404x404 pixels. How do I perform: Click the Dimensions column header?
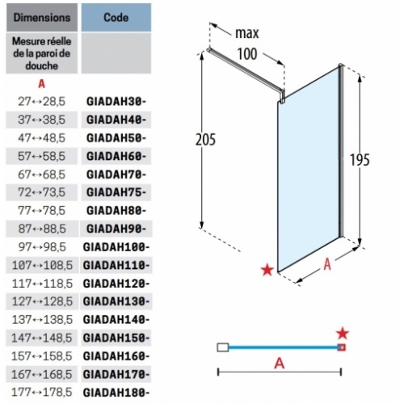(42, 18)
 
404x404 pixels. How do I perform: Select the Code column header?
(116, 18)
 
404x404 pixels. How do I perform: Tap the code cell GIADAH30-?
(116, 102)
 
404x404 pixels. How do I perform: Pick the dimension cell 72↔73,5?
(42, 192)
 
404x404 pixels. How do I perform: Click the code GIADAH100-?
(116, 247)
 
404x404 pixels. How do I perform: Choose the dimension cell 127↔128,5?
(42, 301)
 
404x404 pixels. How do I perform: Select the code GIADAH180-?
(116, 393)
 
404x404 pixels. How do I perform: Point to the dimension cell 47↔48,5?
(42, 138)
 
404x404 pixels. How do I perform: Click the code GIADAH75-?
(116, 192)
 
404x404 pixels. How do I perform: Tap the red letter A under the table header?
(41, 84)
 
